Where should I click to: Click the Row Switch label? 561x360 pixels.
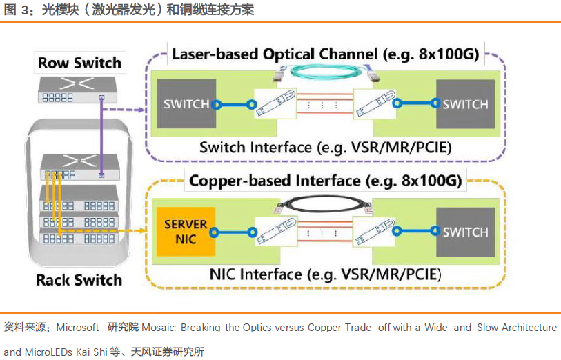click(x=79, y=63)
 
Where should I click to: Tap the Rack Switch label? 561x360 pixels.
click(x=79, y=280)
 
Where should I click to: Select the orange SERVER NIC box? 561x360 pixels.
click(x=186, y=232)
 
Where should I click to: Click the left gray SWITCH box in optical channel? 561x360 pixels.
click(x=186, y=104)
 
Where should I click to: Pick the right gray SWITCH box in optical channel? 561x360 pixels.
click(x=465, y=104)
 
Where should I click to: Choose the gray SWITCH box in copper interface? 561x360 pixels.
click(x=465, y=232)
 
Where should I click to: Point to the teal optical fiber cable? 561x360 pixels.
click(x=323, y=70)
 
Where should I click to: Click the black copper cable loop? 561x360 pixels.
click(x=323, y=199)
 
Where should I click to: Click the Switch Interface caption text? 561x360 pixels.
click(x=324, y=147)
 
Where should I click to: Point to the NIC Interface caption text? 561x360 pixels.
click(x=324, y=274)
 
